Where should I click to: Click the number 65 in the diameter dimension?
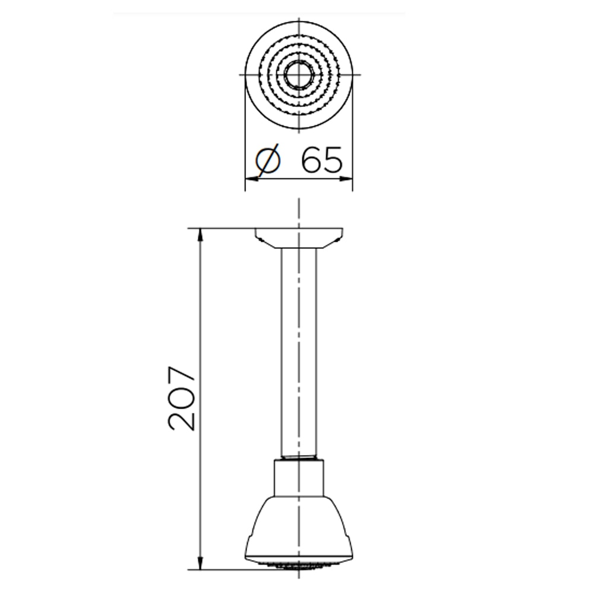pyautogui.click(x=321, y=159)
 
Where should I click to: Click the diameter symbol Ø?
pyautogui.click(x=268, y=159)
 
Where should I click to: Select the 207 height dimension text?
pyautogui.click(x=182, y=398)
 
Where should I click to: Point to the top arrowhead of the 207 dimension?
pyautogui.click(x=200, y=235)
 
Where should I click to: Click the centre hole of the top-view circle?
pyautogui.click(x=299, y=75)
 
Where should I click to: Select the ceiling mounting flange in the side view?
pyautogui.click(x=299, y=238)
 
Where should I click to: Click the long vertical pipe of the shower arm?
pyautogui.click(x=299, y=352)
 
